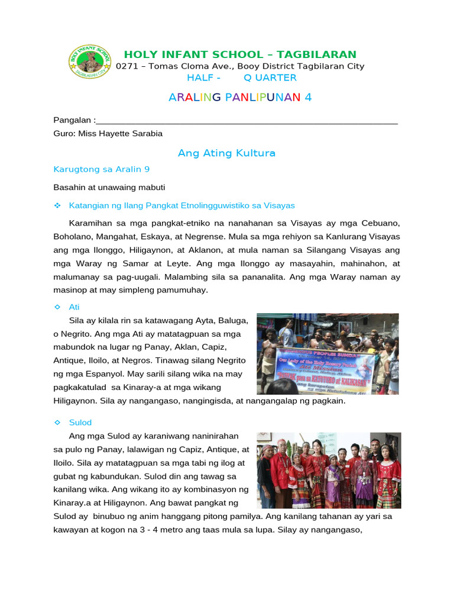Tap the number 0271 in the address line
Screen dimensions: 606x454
(x=127, y=66)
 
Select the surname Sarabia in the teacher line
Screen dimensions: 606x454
(x=144, y=134)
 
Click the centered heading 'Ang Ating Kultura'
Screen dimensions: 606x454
(x=227, y=153)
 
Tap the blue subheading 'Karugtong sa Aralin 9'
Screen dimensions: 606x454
(x=102, y=169)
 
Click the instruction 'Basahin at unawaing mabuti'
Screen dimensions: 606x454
(x=109, y=187)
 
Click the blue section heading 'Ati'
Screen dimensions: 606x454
(x=74, y=307)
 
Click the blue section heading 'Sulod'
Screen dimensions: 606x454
(x=80, y=423)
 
